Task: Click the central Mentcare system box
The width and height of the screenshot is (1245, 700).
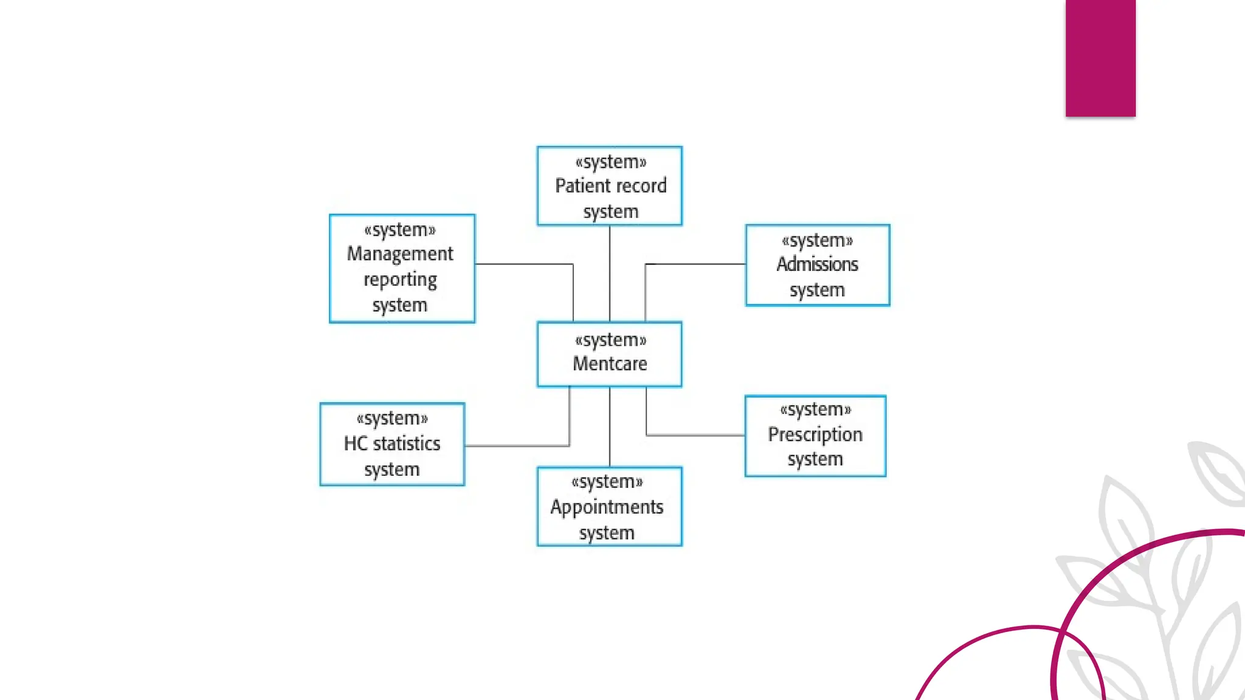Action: click(609, 354)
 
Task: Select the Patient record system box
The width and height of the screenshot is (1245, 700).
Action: click(609, 186)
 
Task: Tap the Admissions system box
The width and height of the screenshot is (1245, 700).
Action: click(817, 265)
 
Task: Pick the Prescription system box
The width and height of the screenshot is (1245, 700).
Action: click(815, 436)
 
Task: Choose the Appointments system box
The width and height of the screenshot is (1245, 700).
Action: click(609, 506)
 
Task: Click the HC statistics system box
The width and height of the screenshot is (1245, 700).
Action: click(392, 444)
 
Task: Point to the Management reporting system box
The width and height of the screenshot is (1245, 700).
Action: click(402, 268)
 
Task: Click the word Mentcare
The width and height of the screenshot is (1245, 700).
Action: click(610, 363)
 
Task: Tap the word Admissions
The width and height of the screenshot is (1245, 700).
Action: click(817, 264)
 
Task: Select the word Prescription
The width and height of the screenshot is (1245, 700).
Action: click(815, 434)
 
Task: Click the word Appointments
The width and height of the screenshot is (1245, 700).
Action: click(607, 507)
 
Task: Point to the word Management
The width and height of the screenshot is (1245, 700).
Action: click(400, 253)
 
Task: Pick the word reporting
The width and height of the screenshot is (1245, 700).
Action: click(400, 280)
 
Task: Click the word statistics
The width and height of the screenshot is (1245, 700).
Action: click(407, 444)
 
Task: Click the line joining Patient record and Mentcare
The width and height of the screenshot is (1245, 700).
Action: click(610, 273)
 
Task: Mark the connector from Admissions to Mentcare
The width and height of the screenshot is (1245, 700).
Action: click(693, 264)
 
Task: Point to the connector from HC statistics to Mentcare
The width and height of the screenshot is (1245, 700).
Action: click(517, 446)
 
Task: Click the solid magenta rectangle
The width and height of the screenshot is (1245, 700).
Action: click(1100, 58)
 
